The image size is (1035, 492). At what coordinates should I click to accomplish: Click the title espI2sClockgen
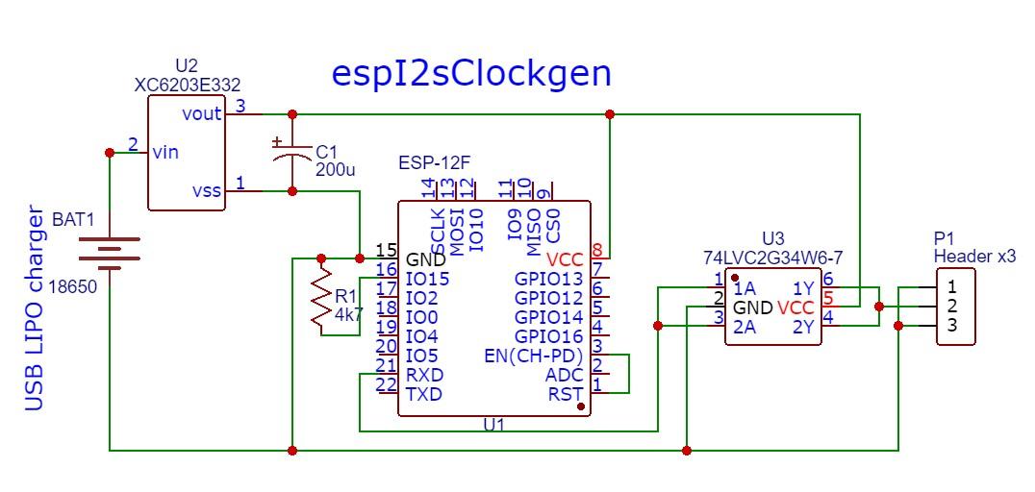[470, 74]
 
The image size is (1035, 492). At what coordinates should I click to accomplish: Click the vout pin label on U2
[201, 113]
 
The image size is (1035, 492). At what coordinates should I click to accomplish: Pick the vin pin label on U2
[164, 152]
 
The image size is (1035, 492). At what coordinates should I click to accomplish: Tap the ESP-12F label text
[442, 160]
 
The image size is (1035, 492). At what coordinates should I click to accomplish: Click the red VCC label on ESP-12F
[565, 259]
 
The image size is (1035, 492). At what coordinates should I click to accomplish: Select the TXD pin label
[424, 394]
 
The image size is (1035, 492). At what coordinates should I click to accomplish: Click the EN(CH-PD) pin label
[534, 356]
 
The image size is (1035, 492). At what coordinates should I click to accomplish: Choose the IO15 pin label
[428, 279]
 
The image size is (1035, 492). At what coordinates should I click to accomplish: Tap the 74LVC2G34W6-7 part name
[772, 258]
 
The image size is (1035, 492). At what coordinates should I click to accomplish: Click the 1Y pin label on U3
[803, 288]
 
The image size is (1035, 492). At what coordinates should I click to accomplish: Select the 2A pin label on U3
[744, 327]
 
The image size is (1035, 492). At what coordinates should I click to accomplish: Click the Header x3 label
[974, 256]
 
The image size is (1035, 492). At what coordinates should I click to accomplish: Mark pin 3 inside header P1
[951, 326]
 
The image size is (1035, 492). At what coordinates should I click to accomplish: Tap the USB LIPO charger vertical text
[35, 307]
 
